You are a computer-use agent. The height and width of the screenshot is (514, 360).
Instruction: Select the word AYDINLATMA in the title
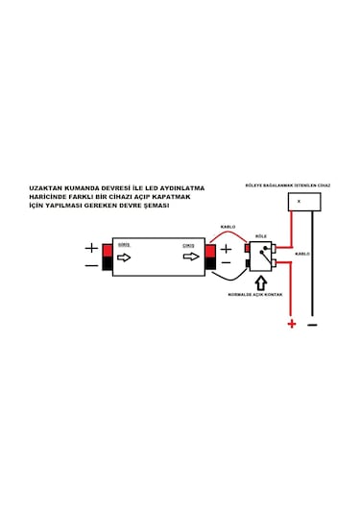coord(180,188)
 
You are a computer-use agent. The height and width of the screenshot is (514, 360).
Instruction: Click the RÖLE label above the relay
coord(260,233)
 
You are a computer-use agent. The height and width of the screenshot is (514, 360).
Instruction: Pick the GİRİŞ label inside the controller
coord(123,245)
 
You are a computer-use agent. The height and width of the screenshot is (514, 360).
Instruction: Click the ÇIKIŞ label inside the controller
coord(189,245)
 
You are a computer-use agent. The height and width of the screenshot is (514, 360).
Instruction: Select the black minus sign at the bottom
coord(313,325)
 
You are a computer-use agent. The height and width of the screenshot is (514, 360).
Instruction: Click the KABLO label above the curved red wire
coord(228,227)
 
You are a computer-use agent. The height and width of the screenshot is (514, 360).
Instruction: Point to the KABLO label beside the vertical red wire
coord(302,254)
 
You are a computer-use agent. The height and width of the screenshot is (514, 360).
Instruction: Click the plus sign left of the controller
coord(90,248)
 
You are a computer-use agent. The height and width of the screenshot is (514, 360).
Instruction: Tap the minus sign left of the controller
coord(90,265)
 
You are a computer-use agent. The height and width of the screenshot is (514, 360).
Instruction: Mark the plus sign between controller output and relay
coord(227,249)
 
